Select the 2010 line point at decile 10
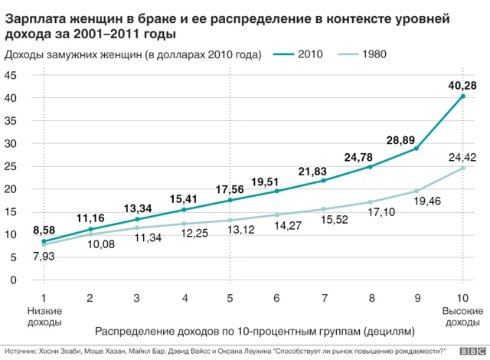tap(463, 97)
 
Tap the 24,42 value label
tap(462, 157)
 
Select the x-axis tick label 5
tap(230, 297)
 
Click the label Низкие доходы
tap(44, 317)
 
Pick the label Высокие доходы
tap(462, 317)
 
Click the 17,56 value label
tap(230, 188)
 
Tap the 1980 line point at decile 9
tap(416, 191)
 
